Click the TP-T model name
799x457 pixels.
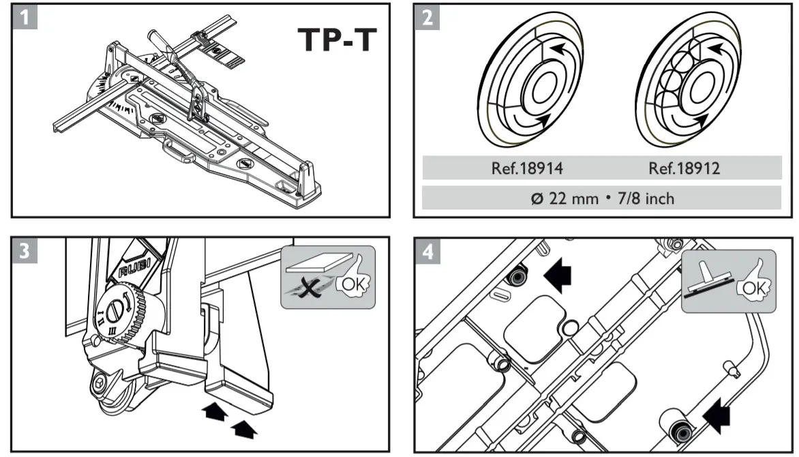point(336,40)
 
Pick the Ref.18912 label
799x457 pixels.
point(684,168)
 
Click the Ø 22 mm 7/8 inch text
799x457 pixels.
point(601,198)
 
